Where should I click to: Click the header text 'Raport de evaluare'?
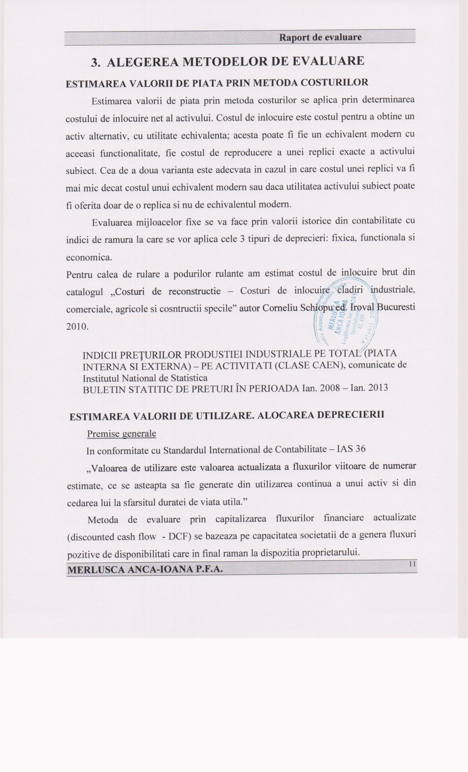pyautogui.click(x=320, y=37)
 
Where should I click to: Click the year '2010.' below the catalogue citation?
pyautogui.click(x=77, y=326)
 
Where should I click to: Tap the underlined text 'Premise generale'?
pyautogui.click(x=121, y=434)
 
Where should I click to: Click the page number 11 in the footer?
pyautogui.click(x=412, y=564)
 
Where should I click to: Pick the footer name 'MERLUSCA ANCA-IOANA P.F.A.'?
pyautogui.click(x=145, y=569)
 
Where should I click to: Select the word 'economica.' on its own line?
pyautogui.click(x=89, y=257)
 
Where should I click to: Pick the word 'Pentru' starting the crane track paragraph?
pyautogui.click(x=79, y=275)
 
